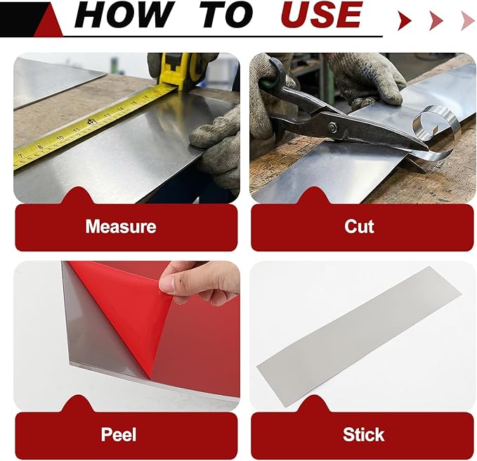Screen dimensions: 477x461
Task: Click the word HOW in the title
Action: click(124, 15)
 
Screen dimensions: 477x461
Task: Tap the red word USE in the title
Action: click(322, 15)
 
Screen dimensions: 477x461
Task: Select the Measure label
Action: click(121, 227)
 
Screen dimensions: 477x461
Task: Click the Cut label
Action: click(359, 227)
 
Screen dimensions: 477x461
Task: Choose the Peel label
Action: click(119, 434)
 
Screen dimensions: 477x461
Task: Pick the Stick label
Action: click(363, 434)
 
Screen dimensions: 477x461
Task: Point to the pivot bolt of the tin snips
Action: click(332, 127)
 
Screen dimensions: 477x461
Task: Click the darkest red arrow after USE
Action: click(405, 20)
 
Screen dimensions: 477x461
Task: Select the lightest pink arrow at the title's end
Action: click(468, 20)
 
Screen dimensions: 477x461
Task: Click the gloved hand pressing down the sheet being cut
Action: click(368, 80)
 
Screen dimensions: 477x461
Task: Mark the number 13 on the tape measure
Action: click(107, 116)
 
